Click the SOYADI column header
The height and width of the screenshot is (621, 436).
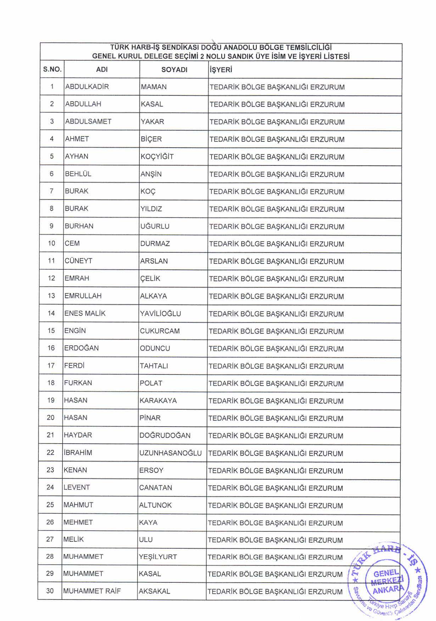(x=174, y=70)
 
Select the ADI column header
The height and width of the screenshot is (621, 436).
(x=102, y=70)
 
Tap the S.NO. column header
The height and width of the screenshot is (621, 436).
(x=52, y=70)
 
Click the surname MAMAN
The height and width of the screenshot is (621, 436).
(x=153, y=87)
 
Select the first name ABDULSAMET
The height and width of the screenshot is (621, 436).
(x=88, y=122)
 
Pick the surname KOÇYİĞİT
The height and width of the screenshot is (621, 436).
(x=157, y=156)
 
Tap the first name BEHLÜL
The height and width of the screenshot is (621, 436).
(x=78, y=174)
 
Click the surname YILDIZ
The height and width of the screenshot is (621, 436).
(x=151, y=209)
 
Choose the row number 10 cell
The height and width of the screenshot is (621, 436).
(x=51, y=243)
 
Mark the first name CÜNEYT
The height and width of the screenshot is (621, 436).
(x=78, y=261)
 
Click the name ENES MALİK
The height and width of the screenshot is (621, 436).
(x=85, y=313)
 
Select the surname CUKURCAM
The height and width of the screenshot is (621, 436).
(x=160, y=331)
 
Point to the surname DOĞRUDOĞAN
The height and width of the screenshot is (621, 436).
(x=165, y=435)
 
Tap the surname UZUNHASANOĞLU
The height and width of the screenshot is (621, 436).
(x=171, y=453)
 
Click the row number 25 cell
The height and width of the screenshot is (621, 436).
(x=50, y=505)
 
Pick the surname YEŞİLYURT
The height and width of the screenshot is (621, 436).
(x=158, y=557)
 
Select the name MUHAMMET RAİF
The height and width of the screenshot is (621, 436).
(x=92, y=591)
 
